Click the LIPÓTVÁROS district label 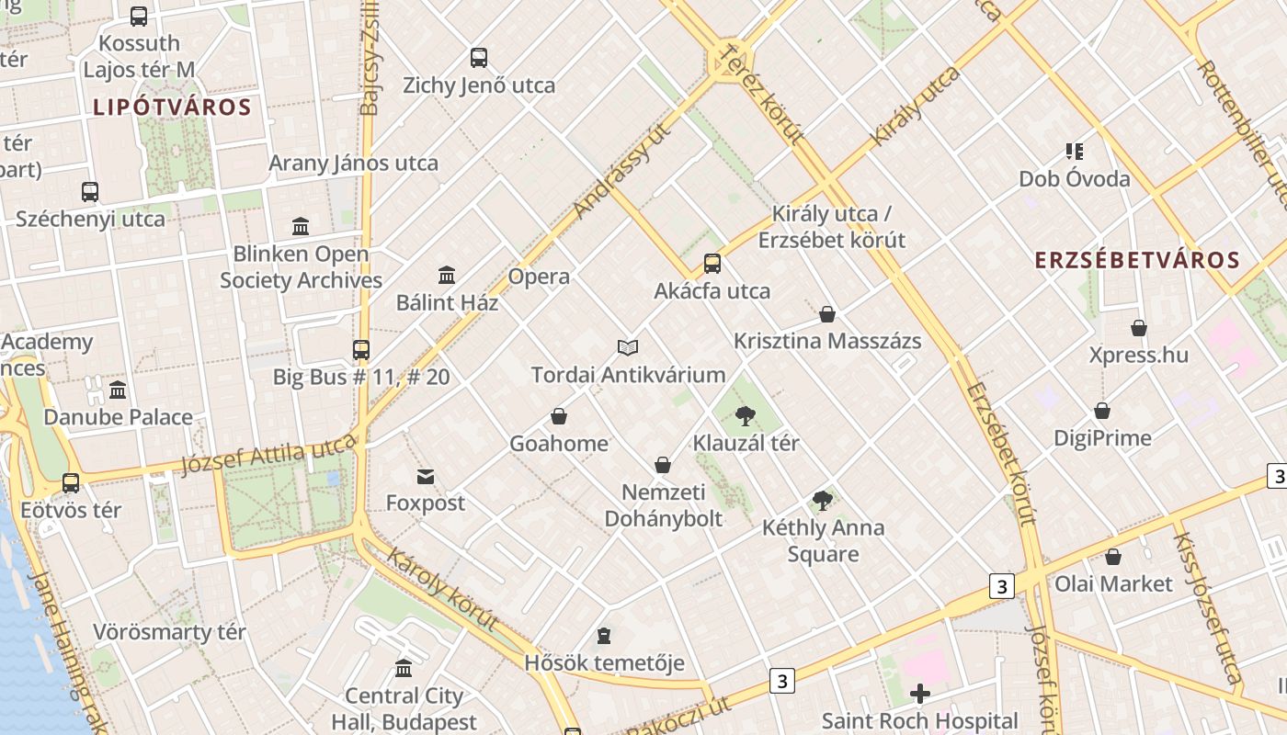[172, 107]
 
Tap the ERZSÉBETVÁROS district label [1137, 260]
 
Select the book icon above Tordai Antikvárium [628, 347]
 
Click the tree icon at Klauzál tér [746, 417]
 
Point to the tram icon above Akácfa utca [712, 264]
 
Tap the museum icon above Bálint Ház [447, 275]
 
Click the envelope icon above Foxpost [426, 477]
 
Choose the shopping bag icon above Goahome [558, 417]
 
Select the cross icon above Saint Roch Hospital [919, 694]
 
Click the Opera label [539, 277]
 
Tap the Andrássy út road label [622, 171]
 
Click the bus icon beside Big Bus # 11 [361, 350]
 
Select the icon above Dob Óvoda [1074, 151]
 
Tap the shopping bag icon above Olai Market [1112, 557]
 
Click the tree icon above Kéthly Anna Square [823, 501]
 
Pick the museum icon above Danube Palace [118, 390]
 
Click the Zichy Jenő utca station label [479, 85]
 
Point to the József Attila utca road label [268, 456]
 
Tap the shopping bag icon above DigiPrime [1101, 411]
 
